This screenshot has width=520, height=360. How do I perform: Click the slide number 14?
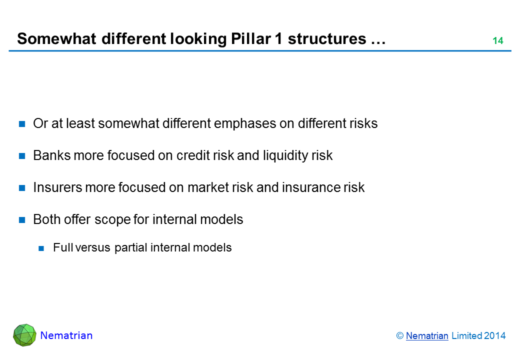(498, 41)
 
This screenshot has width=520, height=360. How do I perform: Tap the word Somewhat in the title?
(56, 39)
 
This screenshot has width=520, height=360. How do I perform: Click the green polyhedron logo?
(24, 335)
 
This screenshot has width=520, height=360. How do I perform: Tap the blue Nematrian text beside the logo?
(66, 335)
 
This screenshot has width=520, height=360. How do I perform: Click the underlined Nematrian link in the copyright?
(427, 336)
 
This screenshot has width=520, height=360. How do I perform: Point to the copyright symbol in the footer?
(399, 336)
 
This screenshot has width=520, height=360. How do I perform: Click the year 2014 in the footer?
(495, 336)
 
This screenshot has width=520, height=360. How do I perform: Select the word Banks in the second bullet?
(51, 155)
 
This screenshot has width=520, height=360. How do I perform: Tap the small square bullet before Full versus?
(41, 248)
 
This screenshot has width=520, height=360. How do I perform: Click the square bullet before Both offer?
(22, 220)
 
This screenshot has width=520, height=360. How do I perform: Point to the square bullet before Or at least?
(22, 124)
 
